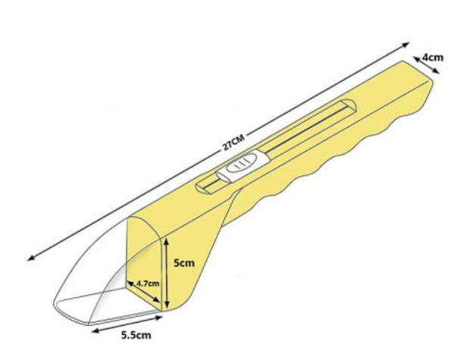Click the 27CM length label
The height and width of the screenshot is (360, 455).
point(234,142)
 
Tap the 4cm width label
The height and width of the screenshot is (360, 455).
point(433,57)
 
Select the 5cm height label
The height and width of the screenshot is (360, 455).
point(184,263)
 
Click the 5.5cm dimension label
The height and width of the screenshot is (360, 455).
point(136,335)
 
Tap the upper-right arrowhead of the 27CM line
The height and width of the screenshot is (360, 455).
point(406,45)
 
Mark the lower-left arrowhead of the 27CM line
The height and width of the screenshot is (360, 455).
point(31,258)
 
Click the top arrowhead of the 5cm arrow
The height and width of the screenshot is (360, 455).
point(166,242)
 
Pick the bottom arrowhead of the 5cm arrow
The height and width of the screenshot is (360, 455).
point(166,305)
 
